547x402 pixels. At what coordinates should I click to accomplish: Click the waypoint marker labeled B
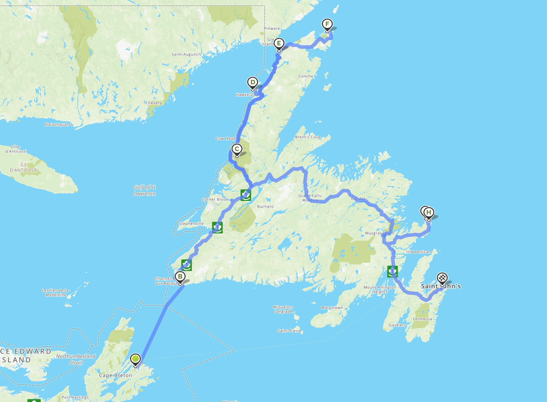click(180, 277)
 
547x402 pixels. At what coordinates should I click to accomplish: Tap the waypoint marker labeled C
click(237, 149)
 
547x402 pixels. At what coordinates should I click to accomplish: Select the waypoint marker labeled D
click(253, 82)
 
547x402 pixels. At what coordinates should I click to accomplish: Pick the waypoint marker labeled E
click(279, 44)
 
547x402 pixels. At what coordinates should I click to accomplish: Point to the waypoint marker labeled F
click(327, 25)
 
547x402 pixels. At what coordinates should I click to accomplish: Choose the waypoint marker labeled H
click(429, 213)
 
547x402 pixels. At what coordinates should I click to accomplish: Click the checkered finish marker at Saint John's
click(442, 278)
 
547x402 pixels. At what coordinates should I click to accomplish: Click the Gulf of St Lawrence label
click(144, 190)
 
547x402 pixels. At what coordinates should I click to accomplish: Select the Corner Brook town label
click(215, 199)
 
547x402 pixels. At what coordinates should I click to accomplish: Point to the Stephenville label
click(191, 224)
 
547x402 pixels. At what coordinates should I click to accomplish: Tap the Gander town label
click(358, 199)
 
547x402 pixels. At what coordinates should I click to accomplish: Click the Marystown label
click(332, 308)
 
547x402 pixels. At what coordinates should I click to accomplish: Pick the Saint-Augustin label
click(186, 54)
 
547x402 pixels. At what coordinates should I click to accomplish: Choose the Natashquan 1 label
click(59, 125)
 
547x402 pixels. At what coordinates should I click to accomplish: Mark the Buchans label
click(265, 206)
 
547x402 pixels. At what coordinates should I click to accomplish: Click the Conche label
click(306, 76)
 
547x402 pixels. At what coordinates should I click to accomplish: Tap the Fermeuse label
click(422, 319)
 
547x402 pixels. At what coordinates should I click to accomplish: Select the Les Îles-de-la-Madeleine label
click(56, 293)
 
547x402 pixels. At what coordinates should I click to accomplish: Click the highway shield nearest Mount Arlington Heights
click(392, 271)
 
